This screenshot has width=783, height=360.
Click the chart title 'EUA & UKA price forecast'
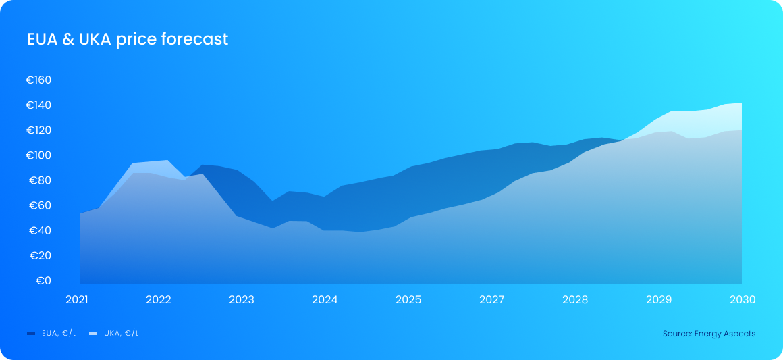tap(128, 39)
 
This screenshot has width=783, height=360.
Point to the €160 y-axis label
tap(39, 80)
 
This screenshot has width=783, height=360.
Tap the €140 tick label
tap(39, 105)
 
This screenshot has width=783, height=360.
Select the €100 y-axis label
tap(39, 155)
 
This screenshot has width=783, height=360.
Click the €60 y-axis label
tap(40, 205)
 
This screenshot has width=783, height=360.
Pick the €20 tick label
tap(40, 255)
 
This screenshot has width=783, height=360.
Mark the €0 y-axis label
tap(43, 280)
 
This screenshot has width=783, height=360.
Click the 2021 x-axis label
tap(77, 299)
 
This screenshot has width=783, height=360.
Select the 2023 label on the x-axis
tap(242, 299)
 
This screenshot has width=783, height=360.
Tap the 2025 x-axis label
tap(408, 299)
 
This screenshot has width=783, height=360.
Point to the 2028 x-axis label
tap(575, 299)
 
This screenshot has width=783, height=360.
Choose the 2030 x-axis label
tap(742, 299)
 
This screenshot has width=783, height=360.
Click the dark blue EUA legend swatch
tap(31, 334)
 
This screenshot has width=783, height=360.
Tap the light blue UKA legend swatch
tap(93, 334)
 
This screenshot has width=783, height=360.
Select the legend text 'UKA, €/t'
tap(122, 334)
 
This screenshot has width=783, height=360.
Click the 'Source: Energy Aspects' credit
tap(709, 334)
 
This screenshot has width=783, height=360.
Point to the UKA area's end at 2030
tap(741, 103)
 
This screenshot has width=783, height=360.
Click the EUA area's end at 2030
tap(741, 130)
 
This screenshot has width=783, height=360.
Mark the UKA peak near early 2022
tap(167, 161)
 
